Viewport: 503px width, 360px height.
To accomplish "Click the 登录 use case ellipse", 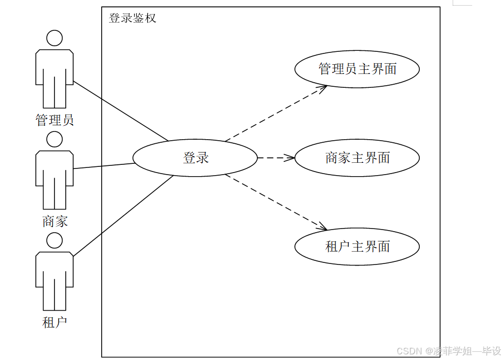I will (195, 158).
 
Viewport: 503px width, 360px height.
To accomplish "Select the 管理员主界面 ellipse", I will (357, 69).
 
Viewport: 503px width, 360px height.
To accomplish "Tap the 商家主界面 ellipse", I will (357, 158).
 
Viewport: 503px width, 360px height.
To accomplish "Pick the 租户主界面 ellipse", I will (357, 247).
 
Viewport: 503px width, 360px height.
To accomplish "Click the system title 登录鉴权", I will (133, 18).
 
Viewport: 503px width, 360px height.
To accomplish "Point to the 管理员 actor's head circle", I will (54, 38).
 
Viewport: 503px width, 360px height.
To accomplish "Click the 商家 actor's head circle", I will (54, 139).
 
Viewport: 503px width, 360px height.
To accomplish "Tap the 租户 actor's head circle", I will (54, 240).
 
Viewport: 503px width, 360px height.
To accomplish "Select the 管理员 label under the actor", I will (54, 120).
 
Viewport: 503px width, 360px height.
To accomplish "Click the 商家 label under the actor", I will (54, 221).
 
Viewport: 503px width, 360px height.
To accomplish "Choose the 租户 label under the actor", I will (54, 323).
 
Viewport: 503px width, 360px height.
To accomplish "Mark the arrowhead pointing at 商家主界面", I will (291, 158).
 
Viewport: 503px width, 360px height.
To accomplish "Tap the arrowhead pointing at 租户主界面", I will (323, 228).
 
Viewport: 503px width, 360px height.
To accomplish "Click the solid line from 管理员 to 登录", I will (121, 110).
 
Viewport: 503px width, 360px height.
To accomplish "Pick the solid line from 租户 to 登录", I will (123, 216).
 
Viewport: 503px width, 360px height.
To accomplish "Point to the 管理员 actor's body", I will (54, 72).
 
